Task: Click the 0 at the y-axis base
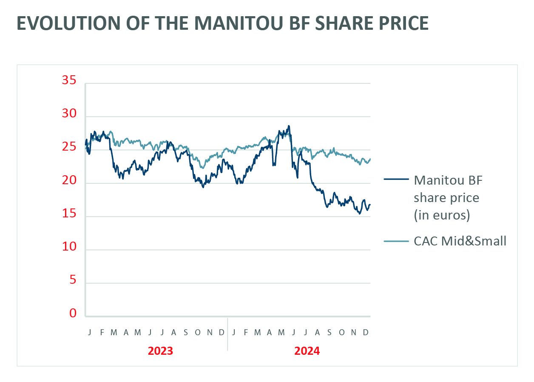pos(73,314)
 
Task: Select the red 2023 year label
pos(160,351)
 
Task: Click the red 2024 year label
pos(307,351)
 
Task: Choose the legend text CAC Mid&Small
pos(460,241)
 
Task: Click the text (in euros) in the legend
pos(442,215)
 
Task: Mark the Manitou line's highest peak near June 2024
pos(289,126)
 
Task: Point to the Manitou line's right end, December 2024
pos(370,205)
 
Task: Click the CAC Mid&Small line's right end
pos(370,159)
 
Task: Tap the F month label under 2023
pos(102,333)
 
